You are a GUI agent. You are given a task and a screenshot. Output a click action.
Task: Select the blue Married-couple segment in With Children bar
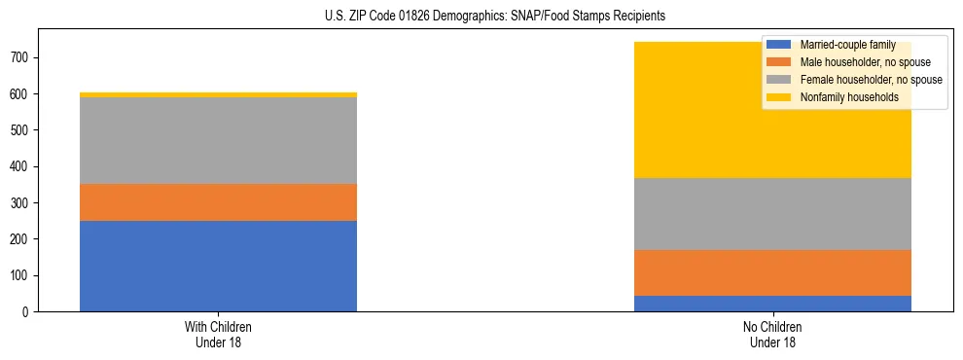click(x=218, y=266)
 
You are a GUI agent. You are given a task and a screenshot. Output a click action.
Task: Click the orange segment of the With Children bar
click(x=218, y=202)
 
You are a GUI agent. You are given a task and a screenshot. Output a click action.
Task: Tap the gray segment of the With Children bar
click(x=218, y=140)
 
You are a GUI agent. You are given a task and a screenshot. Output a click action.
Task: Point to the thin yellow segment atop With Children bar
click(x=218, y=94)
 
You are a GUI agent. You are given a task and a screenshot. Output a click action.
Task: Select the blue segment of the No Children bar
click(x=772, y=304)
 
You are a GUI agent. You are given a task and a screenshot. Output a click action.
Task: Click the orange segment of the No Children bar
click(x=772, y=272)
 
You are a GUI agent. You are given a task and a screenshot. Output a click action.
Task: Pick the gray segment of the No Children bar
click(x=772, y=214)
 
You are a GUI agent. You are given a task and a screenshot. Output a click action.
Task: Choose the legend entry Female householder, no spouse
click(x=870, y=80)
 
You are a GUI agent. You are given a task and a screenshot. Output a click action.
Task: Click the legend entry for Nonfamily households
click(x=848, y=97)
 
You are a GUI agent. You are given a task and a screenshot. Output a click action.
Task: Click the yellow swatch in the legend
click(x=779, y=97)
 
